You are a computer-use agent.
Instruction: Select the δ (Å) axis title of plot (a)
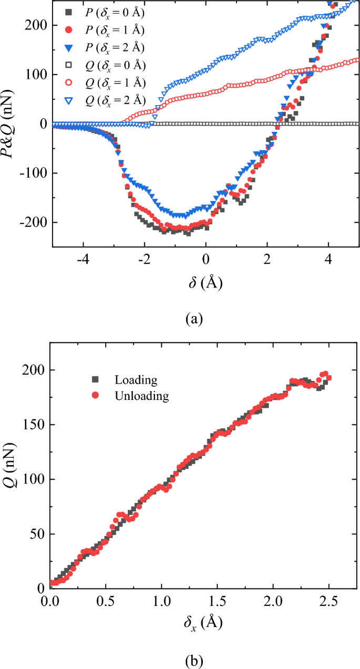tap(205, 282)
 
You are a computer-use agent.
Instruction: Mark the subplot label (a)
tap(194, 318)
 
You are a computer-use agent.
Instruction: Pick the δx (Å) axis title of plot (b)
tap(202, 623)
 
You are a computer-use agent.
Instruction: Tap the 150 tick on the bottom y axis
tap(35, 425)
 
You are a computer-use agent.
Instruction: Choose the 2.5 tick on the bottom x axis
tap(329, 600)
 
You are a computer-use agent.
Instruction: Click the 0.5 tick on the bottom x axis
tap(106, 600)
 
